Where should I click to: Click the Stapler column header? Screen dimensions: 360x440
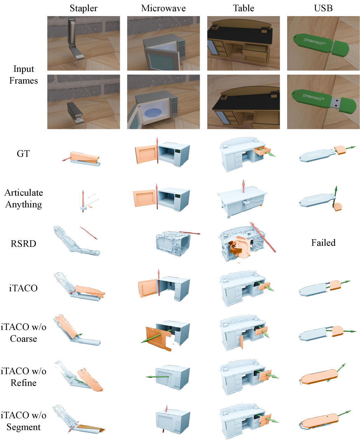(83, 8)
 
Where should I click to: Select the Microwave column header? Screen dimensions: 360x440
(163, 8)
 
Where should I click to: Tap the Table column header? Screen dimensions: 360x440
(243, 8)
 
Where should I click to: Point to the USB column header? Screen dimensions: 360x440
(323, 8)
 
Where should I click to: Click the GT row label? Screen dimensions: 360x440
(23, 154)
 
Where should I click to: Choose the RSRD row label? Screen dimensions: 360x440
(23, 244)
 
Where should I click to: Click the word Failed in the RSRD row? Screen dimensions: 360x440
(323, 243)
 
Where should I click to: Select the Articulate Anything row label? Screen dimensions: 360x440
(23, 198)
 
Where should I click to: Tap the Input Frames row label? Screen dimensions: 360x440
(23, 75)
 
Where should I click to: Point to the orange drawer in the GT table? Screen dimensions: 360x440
(262, 150)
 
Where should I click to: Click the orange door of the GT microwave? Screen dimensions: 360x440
(146, 154)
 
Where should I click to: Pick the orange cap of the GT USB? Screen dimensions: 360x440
(340, 150)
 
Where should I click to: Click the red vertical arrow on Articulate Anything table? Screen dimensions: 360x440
(243, 186)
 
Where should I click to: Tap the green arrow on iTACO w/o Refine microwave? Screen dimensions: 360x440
(157, 377)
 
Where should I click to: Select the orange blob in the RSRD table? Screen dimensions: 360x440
(240, 247)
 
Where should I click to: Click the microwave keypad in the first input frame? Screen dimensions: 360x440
(181, 51)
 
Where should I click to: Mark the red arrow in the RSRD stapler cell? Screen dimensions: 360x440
(89, 233)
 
